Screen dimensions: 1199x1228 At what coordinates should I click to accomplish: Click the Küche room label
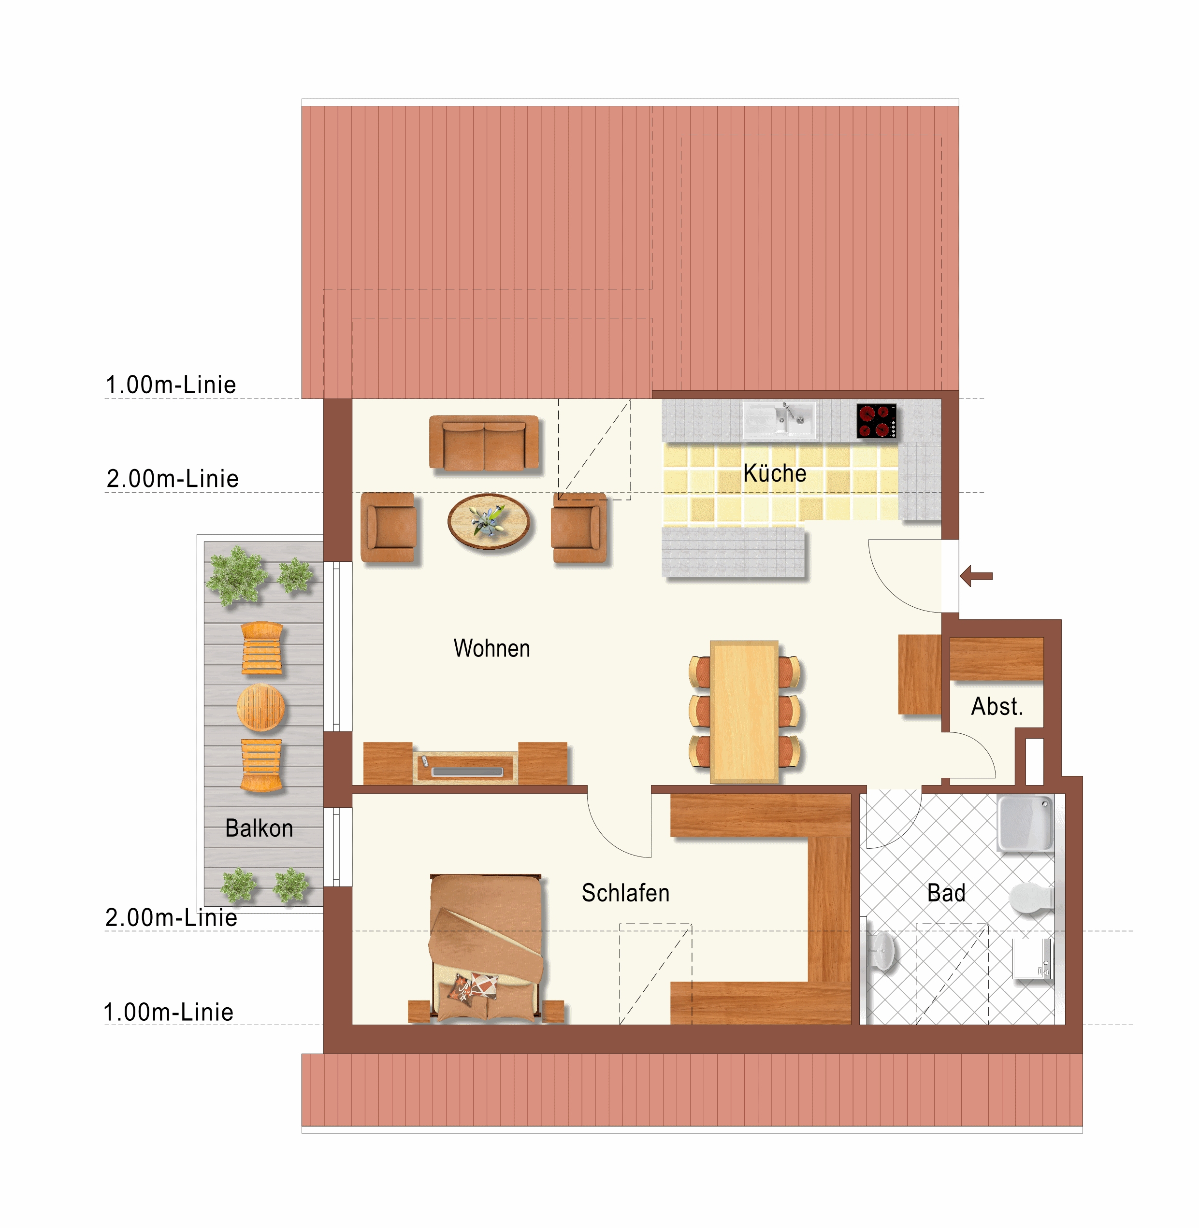coord(775,473)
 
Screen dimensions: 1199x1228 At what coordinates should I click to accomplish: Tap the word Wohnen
coord(492,648)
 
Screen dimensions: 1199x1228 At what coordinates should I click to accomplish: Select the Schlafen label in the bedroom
coord(625,893)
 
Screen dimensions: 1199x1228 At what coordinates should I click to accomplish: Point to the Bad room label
coord(946,893)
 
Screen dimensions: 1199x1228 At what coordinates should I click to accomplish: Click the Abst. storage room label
coord(997,706)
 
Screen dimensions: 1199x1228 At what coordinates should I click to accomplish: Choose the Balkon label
coord(260,828)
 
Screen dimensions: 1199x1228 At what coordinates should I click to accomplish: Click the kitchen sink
coord(779,420)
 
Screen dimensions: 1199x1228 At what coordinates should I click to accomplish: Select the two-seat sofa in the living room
coord(484,443)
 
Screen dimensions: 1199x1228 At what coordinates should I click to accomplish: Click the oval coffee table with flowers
coord(489,522)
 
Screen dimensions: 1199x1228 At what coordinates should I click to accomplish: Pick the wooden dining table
coord(744,712)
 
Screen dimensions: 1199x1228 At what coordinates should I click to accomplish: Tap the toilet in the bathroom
coord(1031,898)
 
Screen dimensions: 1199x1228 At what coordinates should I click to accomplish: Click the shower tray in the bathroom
coord(1025,823)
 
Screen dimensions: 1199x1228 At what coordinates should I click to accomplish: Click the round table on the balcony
coord(260,707)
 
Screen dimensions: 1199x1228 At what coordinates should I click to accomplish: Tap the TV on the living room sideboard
coord(467,771)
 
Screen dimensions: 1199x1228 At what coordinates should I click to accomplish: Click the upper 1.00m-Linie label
coord(171,385)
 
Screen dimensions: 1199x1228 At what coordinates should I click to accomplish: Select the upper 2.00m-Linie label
coord(173,478)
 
